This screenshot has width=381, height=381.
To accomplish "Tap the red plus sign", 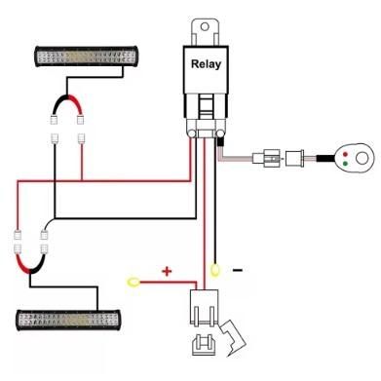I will point(166,270).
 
